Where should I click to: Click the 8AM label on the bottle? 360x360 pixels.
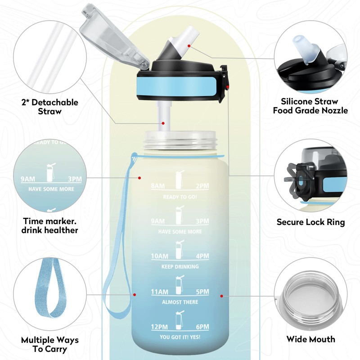point(158,186)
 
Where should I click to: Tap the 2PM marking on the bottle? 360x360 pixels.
point(203,186)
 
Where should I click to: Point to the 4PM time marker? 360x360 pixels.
point(203,256)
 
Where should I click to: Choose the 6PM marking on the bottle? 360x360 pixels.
point(203,327)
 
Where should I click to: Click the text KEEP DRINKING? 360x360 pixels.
point(180,266)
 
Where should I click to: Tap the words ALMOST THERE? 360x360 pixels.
point(180,302)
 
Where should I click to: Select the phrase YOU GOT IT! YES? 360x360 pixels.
point(180,337)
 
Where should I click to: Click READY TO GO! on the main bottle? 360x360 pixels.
point(180,197)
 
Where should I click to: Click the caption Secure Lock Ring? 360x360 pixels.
point(310,222)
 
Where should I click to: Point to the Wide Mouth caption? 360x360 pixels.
point(310,339)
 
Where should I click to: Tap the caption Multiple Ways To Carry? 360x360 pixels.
point(50,344)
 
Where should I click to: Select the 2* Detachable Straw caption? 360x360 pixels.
point(50,107)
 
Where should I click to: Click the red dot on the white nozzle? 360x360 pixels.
point(189,46)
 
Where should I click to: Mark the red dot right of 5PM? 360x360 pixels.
point(221,296)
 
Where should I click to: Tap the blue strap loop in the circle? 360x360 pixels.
point(49,288)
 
